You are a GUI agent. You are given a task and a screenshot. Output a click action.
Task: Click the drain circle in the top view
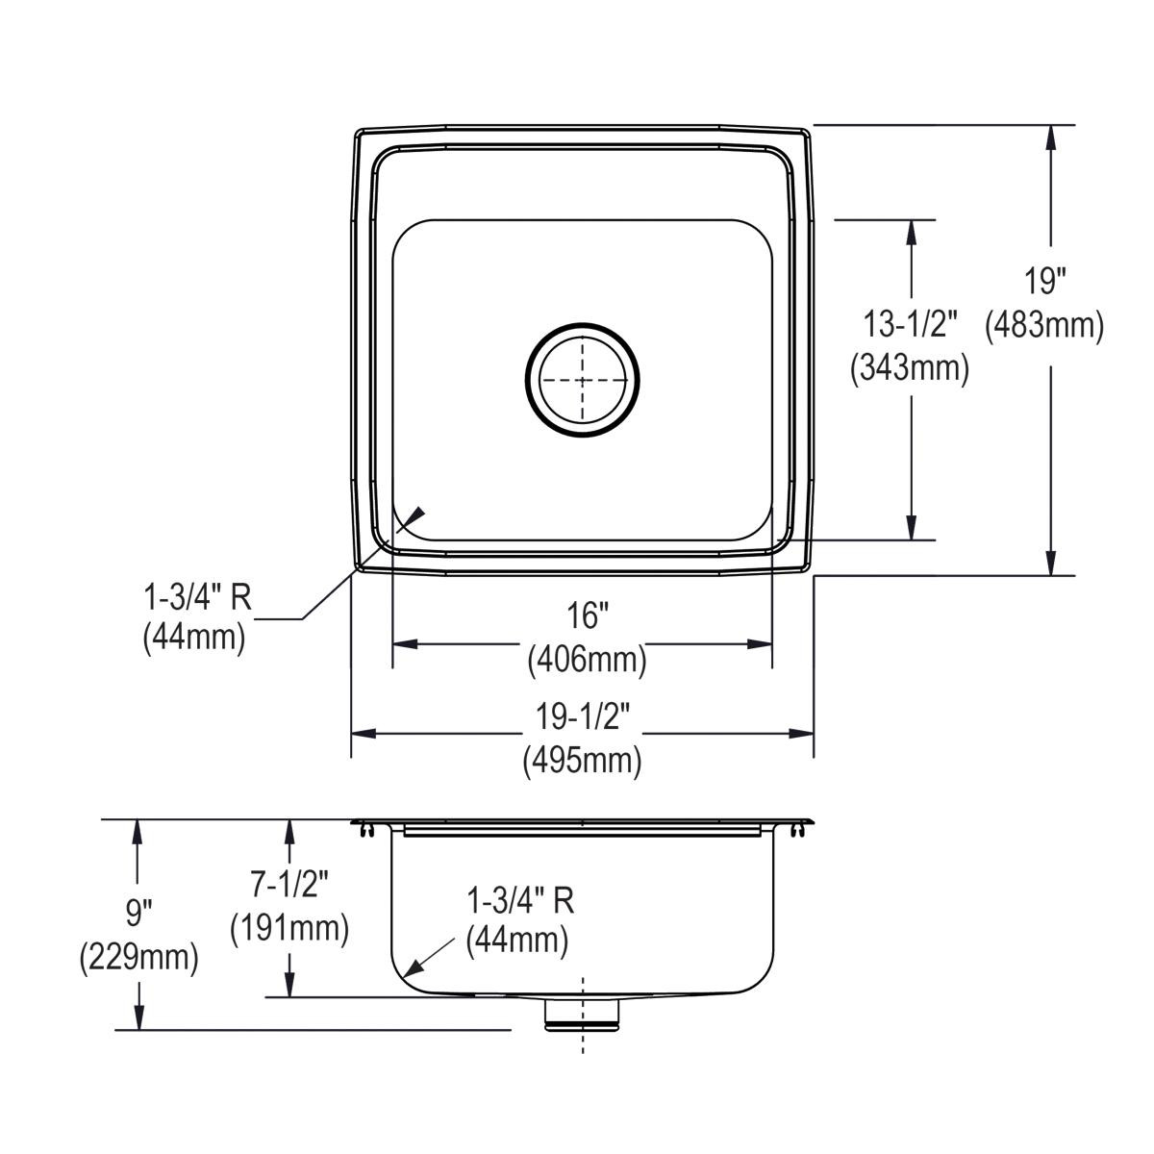pos(582,380)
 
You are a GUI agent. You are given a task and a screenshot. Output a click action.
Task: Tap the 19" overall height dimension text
pos(1044,283)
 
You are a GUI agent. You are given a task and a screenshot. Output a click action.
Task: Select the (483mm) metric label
pos(1044,325)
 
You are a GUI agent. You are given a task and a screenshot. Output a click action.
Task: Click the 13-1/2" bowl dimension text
pos(909,325)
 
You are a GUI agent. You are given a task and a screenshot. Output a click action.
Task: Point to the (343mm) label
pos(909,367)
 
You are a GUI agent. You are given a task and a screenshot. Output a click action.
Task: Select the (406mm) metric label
pos(586,660)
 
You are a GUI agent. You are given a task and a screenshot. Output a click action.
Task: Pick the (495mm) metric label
pos(583,761)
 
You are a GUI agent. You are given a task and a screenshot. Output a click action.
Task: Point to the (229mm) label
pos(139,956)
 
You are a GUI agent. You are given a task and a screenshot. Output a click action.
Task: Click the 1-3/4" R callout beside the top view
pos(197,598)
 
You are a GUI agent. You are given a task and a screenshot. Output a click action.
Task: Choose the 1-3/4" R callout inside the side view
pos(519,900)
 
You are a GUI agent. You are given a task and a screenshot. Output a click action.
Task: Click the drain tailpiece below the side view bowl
pos(583,1014)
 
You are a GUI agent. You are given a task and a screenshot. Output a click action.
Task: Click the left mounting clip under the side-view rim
pos(366,830)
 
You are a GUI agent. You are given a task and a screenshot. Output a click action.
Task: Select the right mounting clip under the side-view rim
pos(798,830)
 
